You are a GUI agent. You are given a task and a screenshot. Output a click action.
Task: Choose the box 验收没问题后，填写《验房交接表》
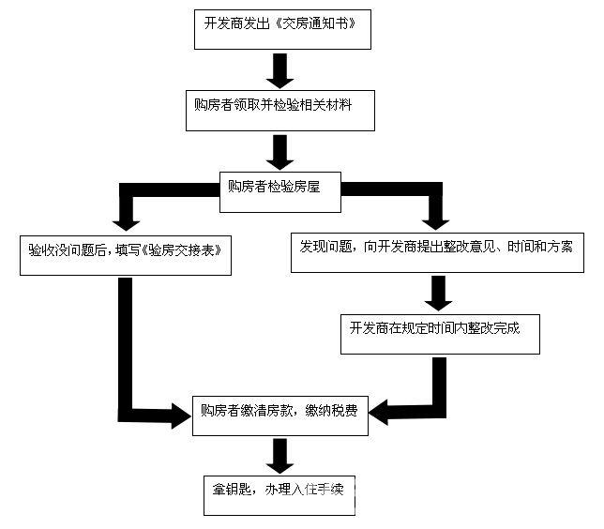point(125,251)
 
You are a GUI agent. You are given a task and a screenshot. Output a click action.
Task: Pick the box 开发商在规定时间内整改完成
point(439,331)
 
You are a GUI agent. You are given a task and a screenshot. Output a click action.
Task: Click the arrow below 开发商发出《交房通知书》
point(279,69)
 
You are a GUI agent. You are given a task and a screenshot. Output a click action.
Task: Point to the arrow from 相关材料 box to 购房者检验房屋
point(279,149)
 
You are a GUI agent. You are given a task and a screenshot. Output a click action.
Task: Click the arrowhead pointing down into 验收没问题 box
point(125,221)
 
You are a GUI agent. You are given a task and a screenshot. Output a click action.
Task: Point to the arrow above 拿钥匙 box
point(279,456)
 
